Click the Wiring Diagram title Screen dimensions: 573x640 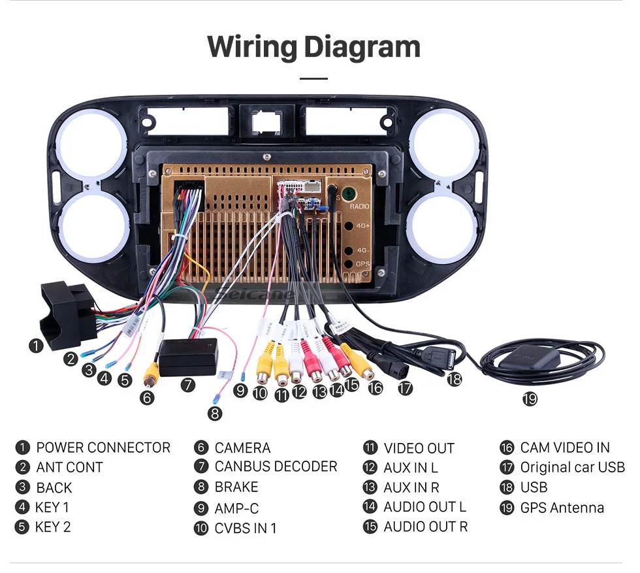[313, 47]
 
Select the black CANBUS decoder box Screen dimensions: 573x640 [188, 358]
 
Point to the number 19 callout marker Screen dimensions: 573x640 [529, 399]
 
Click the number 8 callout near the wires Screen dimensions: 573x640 [215, 413]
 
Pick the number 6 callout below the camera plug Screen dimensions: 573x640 [148, 397]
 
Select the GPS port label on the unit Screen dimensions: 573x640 [362, 264]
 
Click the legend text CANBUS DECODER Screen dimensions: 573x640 [276, 467]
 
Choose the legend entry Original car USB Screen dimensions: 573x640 [572, 467]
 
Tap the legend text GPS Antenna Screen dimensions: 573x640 [562, 508]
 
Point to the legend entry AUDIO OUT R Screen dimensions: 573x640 [425, 527]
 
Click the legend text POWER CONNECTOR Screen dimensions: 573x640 [103, 448]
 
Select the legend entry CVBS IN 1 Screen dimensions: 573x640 [246, 528]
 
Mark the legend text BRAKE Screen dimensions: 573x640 [236, 487]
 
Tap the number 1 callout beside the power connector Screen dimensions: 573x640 [36, 346]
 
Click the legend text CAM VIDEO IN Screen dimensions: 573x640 [564, 448]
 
